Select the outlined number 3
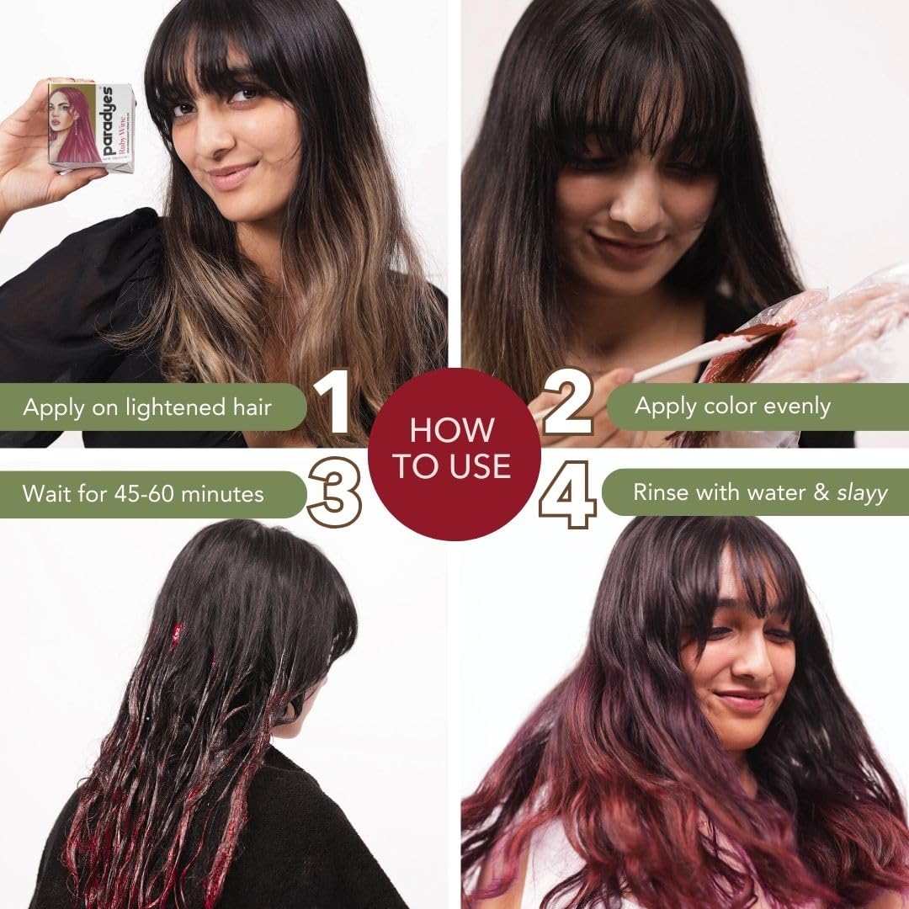point(334,492)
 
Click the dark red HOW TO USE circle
point(453,452)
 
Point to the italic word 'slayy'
point(862,492)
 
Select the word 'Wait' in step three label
point(47,493)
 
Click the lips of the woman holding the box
point(232,175)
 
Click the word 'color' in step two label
point(726,407)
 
